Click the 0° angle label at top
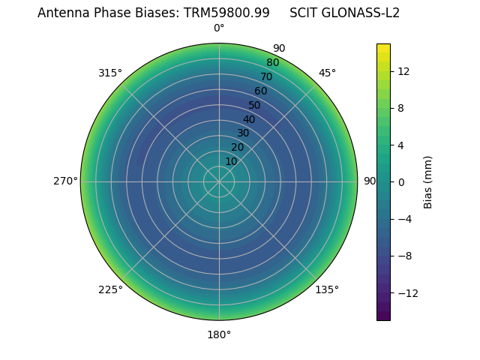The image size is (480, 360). point(219,28)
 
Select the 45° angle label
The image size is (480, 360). point(327,73)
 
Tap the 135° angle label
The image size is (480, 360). point(327,289)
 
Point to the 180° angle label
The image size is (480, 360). point(219,334)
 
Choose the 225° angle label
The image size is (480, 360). point(110,289)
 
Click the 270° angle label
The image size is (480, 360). point(65,181)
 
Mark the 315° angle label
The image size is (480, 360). point(110,73)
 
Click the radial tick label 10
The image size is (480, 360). point(231,161)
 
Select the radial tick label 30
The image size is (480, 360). point(243,133)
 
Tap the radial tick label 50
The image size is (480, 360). point(254,105)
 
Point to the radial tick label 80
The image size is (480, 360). point(272,62)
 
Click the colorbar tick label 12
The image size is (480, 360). point(403,71)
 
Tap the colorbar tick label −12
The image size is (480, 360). point(406,292)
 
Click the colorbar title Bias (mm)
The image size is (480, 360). point(428,181)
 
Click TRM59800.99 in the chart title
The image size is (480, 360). point(226,13)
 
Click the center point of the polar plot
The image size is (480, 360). point(219,181)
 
